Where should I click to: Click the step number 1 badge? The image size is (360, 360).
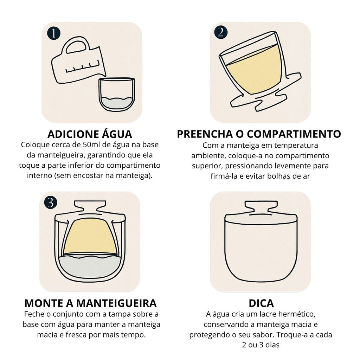[53, 33]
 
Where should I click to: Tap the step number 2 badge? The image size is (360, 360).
[220, 32]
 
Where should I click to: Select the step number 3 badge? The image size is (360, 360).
[51, 202]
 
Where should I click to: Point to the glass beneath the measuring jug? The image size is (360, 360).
[116, 94]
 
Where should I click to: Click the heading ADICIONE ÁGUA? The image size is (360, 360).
[90, 134]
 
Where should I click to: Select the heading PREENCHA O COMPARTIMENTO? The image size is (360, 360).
[259, 134]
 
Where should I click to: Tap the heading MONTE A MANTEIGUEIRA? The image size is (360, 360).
[90, 303]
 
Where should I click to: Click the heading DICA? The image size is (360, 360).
[261, 303]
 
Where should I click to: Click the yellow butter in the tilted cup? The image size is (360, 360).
[254, 72]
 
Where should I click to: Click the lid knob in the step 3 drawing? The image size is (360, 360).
[90, 206]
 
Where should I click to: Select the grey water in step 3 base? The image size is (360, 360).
[90, 267]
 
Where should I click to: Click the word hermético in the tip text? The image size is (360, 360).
[292, 314]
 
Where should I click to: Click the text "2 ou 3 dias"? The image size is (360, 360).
[261, 345]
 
